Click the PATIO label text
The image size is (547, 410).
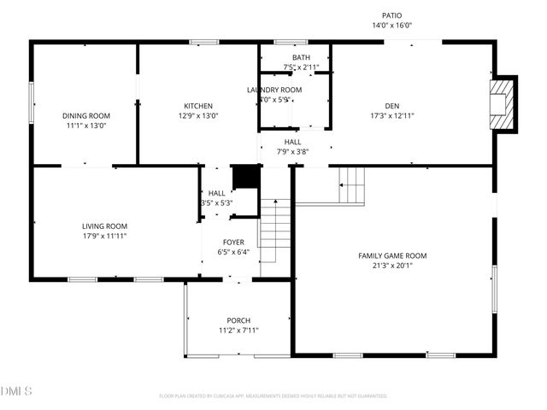pos(391,15)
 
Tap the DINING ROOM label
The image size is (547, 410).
pos(86,115)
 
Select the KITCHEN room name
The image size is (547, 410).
pos(198,106)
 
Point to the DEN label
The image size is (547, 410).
pos(392,106)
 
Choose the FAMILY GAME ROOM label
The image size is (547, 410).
pos(392,255)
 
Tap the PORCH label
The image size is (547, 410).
pos(238,320)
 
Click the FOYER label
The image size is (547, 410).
pos(233,243)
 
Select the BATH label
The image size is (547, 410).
pos(301,57)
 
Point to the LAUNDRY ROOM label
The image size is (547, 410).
pos(274,90)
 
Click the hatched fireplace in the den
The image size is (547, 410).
pos(503,104)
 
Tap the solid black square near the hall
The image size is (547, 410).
pos(245,177)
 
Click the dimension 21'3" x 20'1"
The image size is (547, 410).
pos(392,265)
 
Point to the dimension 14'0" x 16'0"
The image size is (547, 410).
pos(391,26)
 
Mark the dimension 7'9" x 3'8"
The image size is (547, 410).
pos(292,152)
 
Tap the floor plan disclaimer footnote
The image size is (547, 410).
pos(273,395)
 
